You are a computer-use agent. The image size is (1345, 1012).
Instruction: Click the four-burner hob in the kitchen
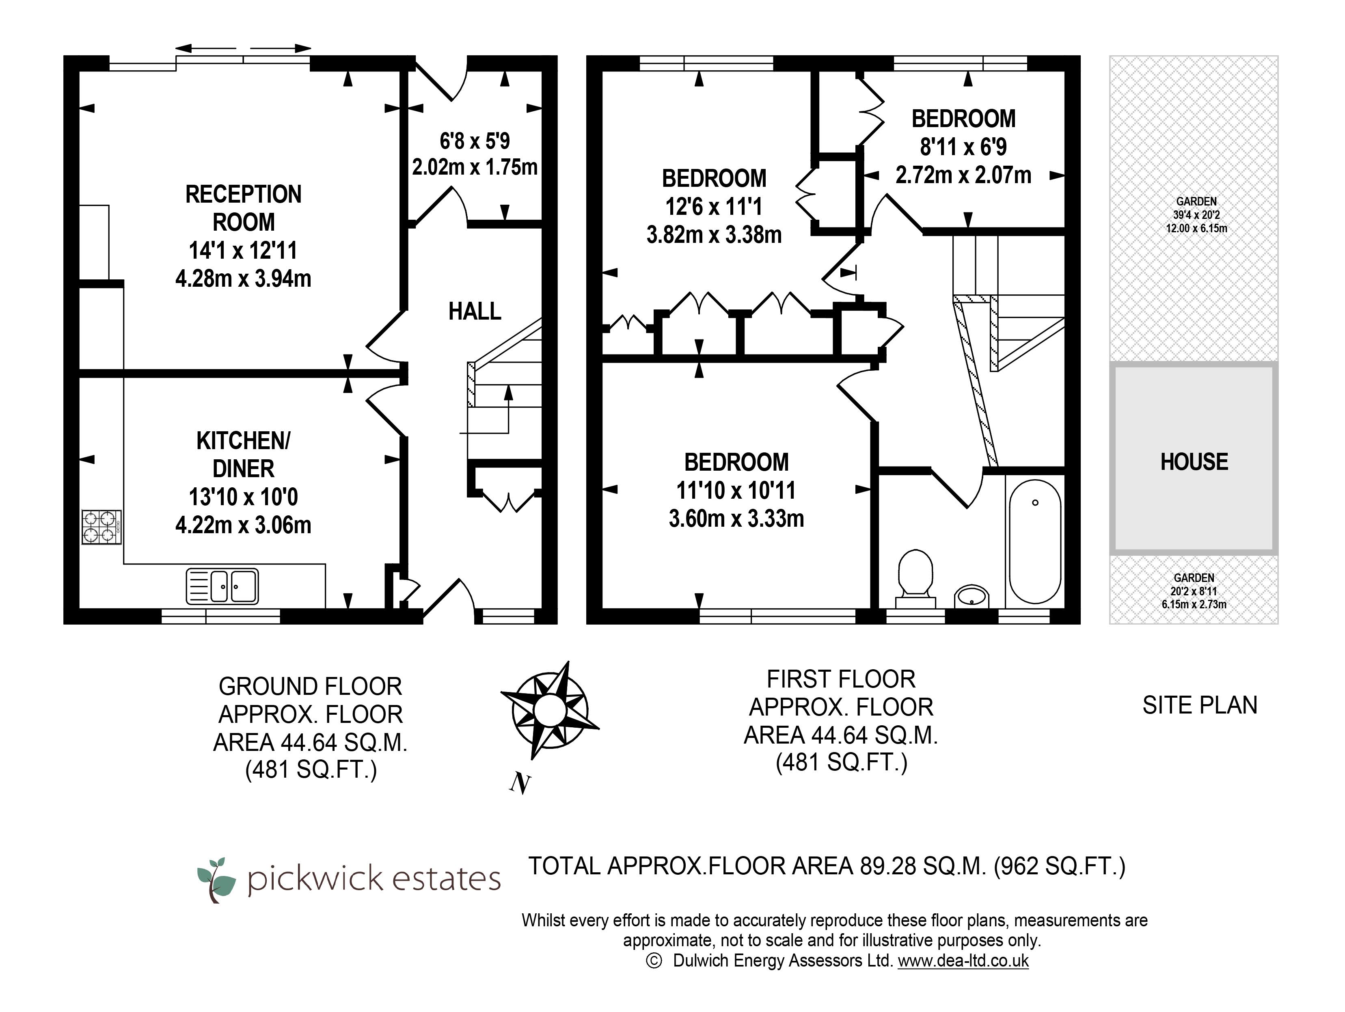click(x=101, y=527)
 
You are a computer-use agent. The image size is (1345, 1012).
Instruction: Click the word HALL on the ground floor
click(x=475, y=311)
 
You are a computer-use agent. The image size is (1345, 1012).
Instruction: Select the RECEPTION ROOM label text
click(x=243, y=208)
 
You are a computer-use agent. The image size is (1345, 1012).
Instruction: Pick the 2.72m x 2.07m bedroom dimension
click(x=963, y=175)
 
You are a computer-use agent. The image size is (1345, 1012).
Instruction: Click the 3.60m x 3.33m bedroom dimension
click(x=736, y=519)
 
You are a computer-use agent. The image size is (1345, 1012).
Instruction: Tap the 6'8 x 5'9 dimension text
click(x=475, y=141)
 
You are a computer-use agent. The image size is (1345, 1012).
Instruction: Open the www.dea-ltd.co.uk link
click(x=963, y=960)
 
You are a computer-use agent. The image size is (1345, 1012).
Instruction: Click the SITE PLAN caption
click(x=1199, y=705)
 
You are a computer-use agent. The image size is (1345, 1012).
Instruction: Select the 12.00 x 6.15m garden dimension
click(x=1196, y=229)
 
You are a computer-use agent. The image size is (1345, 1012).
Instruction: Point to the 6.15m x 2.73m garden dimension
click(x=1194, y=605)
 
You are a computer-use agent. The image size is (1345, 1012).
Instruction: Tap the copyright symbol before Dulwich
click(x=654, y=961)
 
